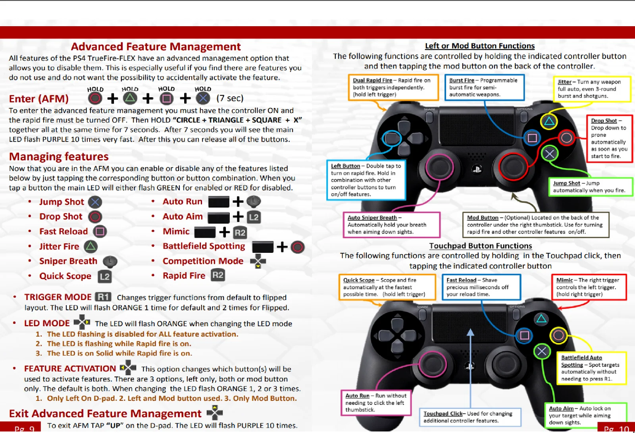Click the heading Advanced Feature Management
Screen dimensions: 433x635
pyautogui.click(x=156, y=47)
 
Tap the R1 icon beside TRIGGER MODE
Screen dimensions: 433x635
pyautogui.click(x=103, y=297)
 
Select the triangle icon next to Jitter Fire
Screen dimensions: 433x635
pyautogui.click(x=91, y=246)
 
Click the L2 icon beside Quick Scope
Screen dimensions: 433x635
pyautogui.click(x=105, y=276)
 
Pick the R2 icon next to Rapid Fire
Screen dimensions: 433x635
pyautogui.click(x=218, y=275)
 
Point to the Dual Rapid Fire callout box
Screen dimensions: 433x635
pyautogui.click(x=393, y=87)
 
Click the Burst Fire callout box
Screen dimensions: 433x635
pyautogui.click(x=484, y=87)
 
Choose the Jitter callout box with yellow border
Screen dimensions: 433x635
pyautogui.click(x=592, y=89)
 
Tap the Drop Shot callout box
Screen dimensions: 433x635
pyautogui.click(x=609, y=138)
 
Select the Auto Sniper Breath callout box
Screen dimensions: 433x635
pyautogui.click(x=391, y=225)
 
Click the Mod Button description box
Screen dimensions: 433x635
pyautogui.click(x=535, y=225)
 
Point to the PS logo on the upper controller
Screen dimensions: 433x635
pyautogui.click(x=477, y=169)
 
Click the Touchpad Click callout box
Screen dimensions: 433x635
pyautogui.click(x=470, y=417)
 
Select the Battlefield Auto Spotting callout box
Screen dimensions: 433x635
pyautogui.click(x=591, y=368)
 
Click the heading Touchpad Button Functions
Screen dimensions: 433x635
pyautogui.click(x=480, y=246)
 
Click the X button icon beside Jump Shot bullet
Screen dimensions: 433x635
pyautogui.click(x=95, y=202)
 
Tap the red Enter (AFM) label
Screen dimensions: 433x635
pyautogui.click(x=39, y=99)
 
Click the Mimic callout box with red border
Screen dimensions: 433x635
pyautogui.click(x=589, y=287)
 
